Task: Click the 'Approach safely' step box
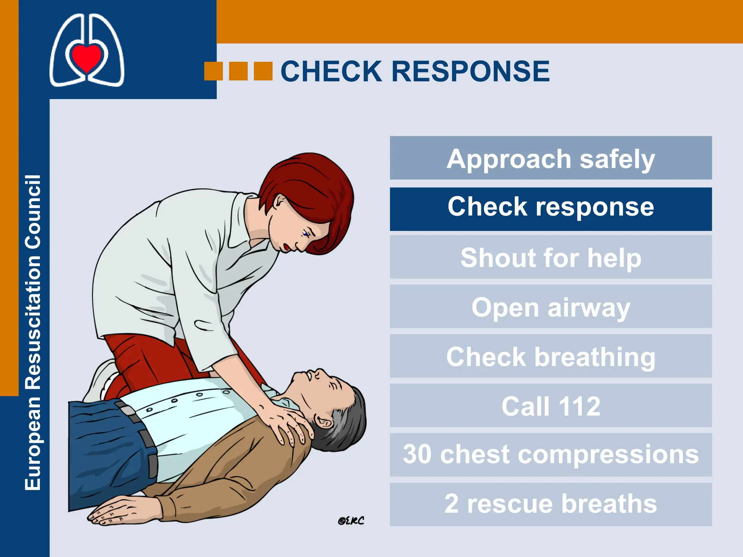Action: pos(551,158)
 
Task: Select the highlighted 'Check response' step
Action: pos(551,209)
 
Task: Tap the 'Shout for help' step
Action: pos(551,257)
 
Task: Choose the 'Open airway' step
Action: pos(551,307)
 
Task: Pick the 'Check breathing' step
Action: pos(551,356)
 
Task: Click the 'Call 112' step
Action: pos(551,405)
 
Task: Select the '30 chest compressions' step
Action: pos(551,455)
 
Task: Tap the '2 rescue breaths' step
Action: pos(551,504)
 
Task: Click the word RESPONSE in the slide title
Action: pos(471,71)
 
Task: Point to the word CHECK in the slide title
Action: pos(331,71)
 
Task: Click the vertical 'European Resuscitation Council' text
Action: pos(33,333)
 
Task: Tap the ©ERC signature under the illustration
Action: pos(351,521)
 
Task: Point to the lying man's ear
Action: pos(324,421)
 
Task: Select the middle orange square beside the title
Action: pos(238,71)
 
